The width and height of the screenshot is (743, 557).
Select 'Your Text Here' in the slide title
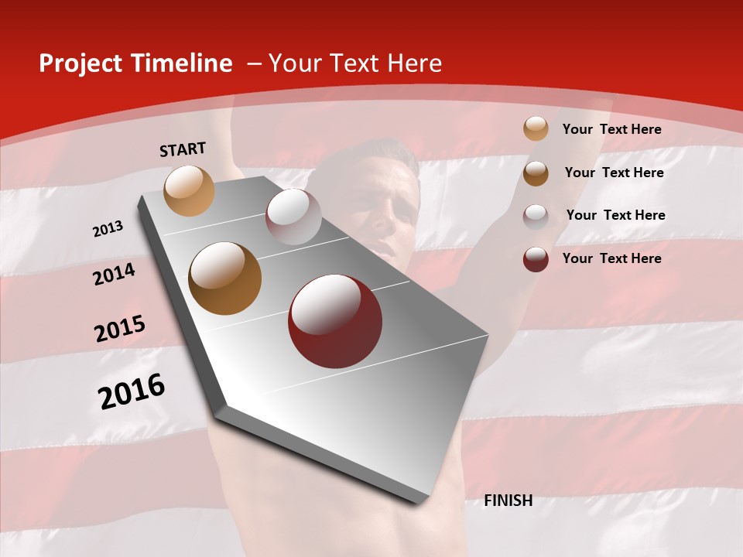pyautogui.click(x=355, y=63)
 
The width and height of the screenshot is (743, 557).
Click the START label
pyautogui.click(x=183, y=149)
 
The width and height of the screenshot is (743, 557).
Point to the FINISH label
pyautogui.click(x=508, y=501)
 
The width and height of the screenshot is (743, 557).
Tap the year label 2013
pyautogui.click(x=108, y=229)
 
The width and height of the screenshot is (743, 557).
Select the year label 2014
pyautogui.click(x=114, y=274)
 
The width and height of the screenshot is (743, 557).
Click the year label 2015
pyautogui.click(x=119, y=329)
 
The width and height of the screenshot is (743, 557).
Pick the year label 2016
pyautogui.click(x=131, y=391)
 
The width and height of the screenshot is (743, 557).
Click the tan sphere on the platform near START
pyautogui.click(x=190, y=190)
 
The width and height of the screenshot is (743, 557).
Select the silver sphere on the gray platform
pyautogui.click(x=293, y=217)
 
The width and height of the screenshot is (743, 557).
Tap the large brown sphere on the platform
pyautogui.click(x=225, y=278)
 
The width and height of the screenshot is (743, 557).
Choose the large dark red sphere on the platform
pyautogui.click(x=335, y=321)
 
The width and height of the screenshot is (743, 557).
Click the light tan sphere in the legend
pyautogui.click(x=536, y=128)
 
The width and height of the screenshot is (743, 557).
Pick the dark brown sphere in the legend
pyautogui.click(x=536, y=173)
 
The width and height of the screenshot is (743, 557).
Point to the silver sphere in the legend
pyautogui.click(x=536, y=216)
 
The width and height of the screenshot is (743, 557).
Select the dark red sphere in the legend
pyautogui.click(x=536, y=259)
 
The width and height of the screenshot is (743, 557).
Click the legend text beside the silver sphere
pyautogui.click(x=615, y=215)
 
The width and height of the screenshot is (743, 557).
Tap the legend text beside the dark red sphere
pyautogui.click(x=611, y=258)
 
